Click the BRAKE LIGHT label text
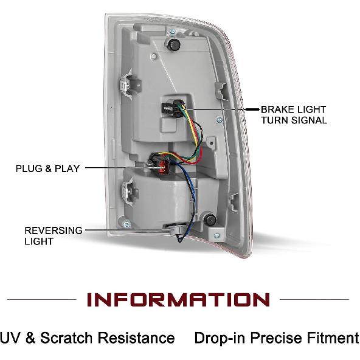(294, 109)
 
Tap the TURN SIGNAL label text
(294, 120)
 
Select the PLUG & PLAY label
(47, 168)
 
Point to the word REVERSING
(54, 230)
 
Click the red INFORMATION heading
(178, 299)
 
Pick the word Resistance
(136, 337)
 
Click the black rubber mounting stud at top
(173, 44)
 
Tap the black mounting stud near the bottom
(210, 220)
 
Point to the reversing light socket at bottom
(175, 230)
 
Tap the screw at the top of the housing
(173, 31)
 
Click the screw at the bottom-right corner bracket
(216, 235)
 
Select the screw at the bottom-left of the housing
(126, 224)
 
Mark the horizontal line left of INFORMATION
(41, 299)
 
